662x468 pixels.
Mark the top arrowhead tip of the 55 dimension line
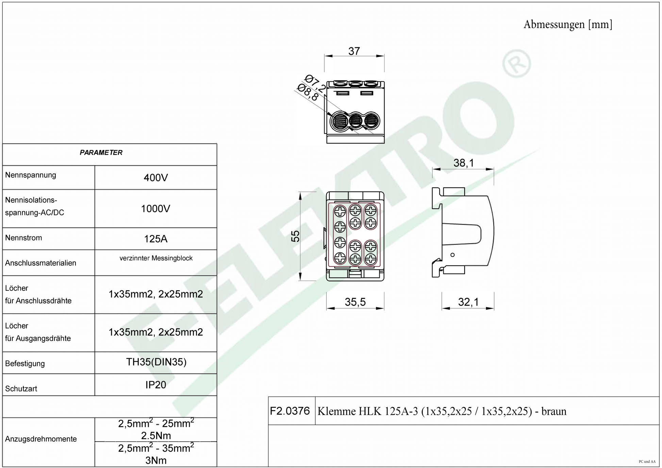(300, 192)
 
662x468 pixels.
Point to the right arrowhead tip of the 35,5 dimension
(384, 308)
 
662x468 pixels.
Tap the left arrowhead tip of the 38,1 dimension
(433, 169)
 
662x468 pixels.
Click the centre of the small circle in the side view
(452, 255)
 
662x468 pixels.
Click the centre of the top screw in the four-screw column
(340, 212)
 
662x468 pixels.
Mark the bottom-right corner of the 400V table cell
(217, 189)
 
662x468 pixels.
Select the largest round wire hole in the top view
(340, 121)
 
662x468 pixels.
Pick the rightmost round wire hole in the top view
(371, 121)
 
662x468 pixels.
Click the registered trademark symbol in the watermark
(517, 63)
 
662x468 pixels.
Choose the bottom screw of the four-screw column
(340, 258)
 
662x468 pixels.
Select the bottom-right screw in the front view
(370, 259)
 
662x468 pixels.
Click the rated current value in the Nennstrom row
(156, 239)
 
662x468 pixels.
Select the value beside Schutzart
(156, 385)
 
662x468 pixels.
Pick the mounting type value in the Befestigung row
(156, 362)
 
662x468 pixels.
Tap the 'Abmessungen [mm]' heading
(568, 24)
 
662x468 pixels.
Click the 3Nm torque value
(156, 460)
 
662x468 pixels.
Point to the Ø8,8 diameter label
(308, 93)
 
